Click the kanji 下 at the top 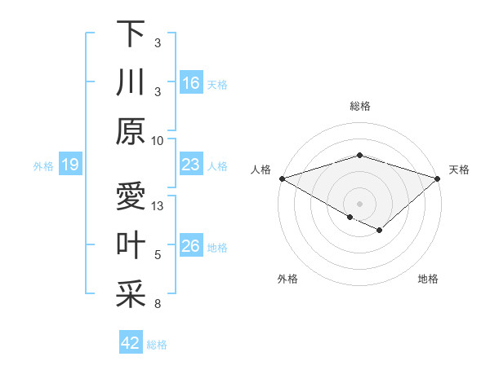130,33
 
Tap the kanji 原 130,131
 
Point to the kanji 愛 130,196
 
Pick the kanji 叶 130,245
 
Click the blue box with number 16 191,82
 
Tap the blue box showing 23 191,165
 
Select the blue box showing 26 191,246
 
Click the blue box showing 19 70,165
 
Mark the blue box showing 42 131,343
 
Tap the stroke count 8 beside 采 158,304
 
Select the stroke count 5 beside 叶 158,255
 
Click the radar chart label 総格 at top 359,106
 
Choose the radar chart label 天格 459,169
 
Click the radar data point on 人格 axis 282,178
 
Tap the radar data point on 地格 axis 380,231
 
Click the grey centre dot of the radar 359,203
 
